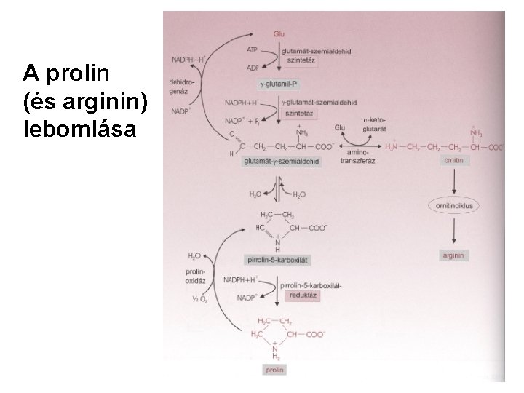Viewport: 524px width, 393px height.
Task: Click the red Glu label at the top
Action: point(279,34)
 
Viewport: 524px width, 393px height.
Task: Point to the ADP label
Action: point(252,68)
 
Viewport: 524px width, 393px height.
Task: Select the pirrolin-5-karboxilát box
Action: point(280,260)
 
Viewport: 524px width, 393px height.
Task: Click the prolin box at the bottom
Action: point(276,370)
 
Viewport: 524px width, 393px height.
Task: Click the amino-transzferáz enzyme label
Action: point(359,162)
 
